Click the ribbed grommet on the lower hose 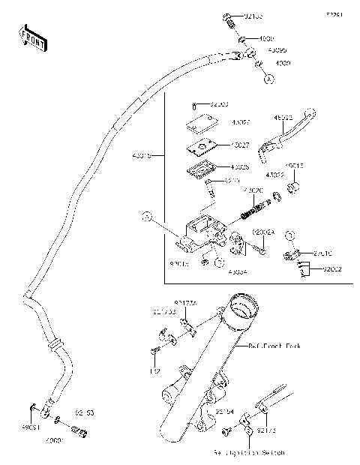53,344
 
